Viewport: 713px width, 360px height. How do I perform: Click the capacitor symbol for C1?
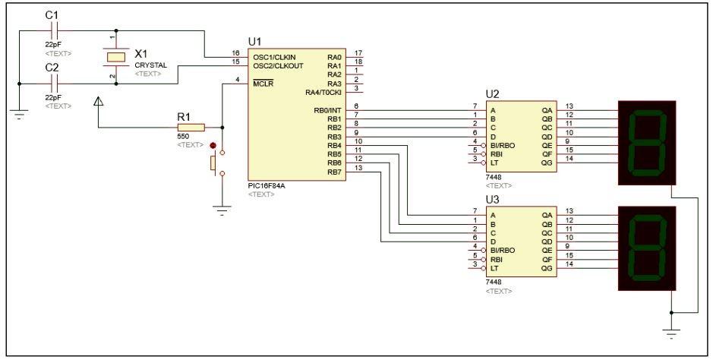point(52,31)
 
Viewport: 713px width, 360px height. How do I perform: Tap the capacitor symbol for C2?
point(52,84)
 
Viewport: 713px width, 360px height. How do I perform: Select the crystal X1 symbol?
point(115,58)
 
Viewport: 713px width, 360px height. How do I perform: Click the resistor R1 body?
point(191,128)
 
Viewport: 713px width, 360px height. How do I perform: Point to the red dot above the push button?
point(213,145)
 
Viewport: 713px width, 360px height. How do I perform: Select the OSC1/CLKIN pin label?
point(274,57)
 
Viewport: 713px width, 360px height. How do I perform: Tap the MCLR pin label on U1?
point(263,83)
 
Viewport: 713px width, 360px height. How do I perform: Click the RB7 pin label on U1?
point(334,172)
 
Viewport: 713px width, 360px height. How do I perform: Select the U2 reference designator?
point(492,94)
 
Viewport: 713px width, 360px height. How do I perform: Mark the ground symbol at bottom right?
point(671,332)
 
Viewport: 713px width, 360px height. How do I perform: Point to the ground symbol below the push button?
point(222,212)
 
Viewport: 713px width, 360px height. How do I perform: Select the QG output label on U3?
point(547,267)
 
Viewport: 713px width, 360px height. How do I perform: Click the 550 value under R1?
point(183,137)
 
